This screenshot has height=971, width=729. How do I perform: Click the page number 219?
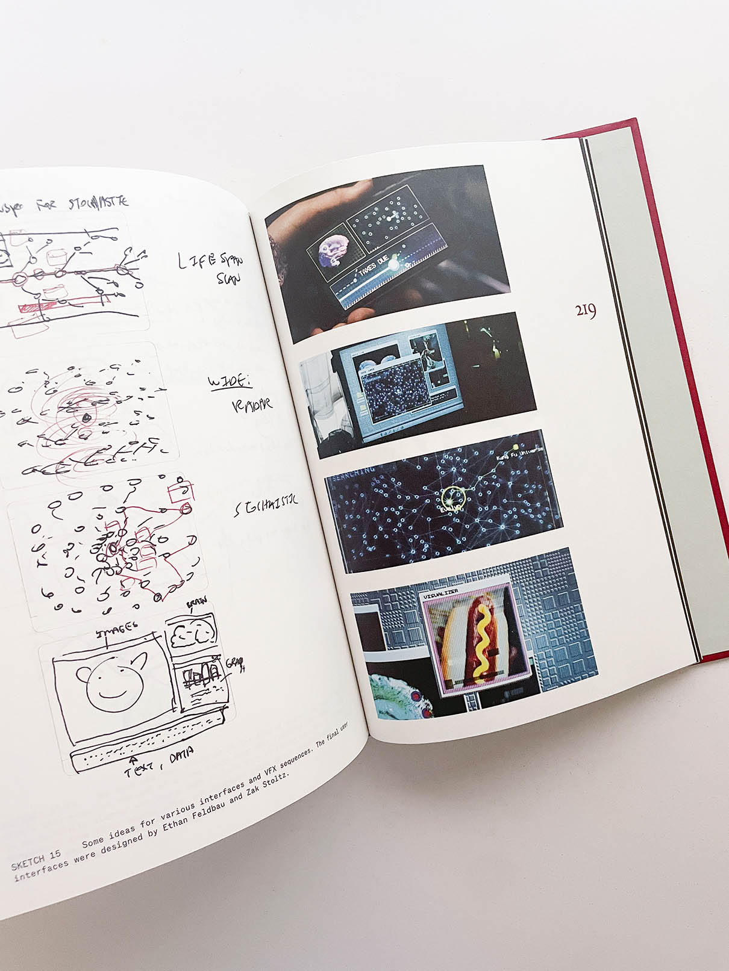pos(586,311)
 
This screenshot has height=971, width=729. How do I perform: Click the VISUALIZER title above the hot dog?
pos(441,594)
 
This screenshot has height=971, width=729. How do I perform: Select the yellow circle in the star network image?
pos(453,497)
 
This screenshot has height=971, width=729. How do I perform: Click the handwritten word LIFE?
pos(197,260)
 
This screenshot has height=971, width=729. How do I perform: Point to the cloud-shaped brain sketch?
pos(192,634)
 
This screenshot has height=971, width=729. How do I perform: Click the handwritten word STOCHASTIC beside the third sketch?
pos(266,506)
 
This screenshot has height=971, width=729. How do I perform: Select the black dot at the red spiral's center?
pos(87,417)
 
